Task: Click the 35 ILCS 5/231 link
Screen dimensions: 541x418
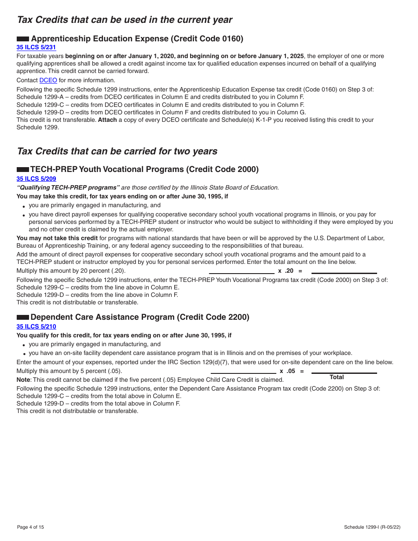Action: [x=36, y=48]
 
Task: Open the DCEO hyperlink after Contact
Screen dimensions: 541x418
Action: [x=48, y=80]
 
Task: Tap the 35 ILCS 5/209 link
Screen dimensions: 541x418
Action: [x=36, y=179]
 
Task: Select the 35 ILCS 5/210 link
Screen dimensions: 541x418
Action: [x=36, y=326]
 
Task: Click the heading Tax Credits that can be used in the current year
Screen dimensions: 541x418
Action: [x=125, y=20]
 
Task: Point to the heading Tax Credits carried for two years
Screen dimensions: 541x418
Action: [x=117, y=151]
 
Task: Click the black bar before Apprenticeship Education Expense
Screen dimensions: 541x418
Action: [x=23, y=39]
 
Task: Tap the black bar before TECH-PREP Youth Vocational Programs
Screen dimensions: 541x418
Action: [x=23, y=170]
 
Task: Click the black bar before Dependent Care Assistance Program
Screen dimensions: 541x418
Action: [x=23, y=318]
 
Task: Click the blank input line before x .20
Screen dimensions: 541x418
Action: [x=242, y=273]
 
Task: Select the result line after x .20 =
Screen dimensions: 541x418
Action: [x=344, y=273]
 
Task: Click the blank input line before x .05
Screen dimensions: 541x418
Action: [x=243, y=373]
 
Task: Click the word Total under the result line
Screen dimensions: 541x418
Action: [x=337, y=377]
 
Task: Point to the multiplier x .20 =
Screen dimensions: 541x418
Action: [x=290, y=271]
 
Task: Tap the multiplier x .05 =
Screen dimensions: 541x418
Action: [x=291, y=371]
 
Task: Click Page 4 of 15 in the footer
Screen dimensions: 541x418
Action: [x=30, y=527]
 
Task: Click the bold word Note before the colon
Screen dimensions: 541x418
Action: [x=23, y=380]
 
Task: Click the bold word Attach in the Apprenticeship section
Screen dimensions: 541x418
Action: [x=107, y=120]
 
